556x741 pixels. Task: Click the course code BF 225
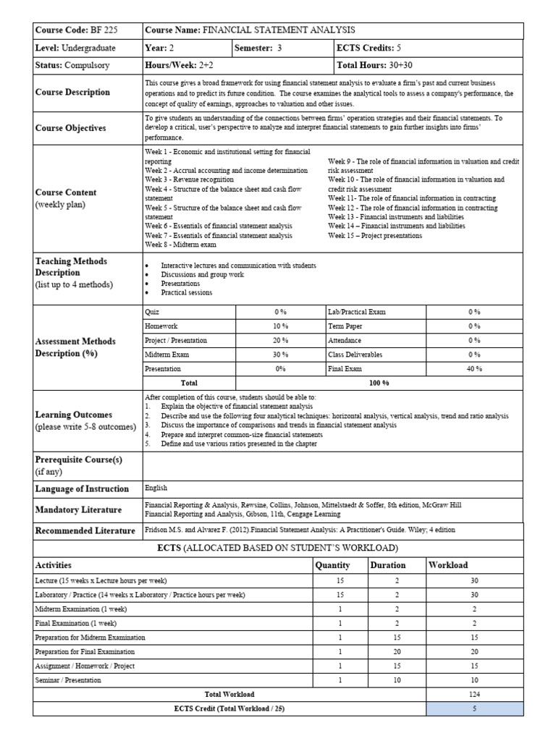[x=104, y=30]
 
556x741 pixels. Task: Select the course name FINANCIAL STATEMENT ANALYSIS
[x=278, y=30]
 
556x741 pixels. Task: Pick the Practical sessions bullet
[x=186, y=293]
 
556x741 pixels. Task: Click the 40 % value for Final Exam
[x=474, y=368]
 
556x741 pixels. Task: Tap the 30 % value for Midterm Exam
[x=280, y=355]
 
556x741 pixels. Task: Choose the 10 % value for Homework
[x=280, y=326]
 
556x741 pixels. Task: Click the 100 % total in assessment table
[x=379, y=383]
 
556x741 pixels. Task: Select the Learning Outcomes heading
[x=74, y=415]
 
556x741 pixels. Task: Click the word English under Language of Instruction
[x=156, y=488]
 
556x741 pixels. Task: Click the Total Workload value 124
[x=474, y=694]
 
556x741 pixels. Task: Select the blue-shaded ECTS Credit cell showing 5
[x=474, y=708]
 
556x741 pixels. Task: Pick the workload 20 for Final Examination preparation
[x=474, y=651]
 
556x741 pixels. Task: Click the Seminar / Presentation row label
[x=68, y=680]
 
